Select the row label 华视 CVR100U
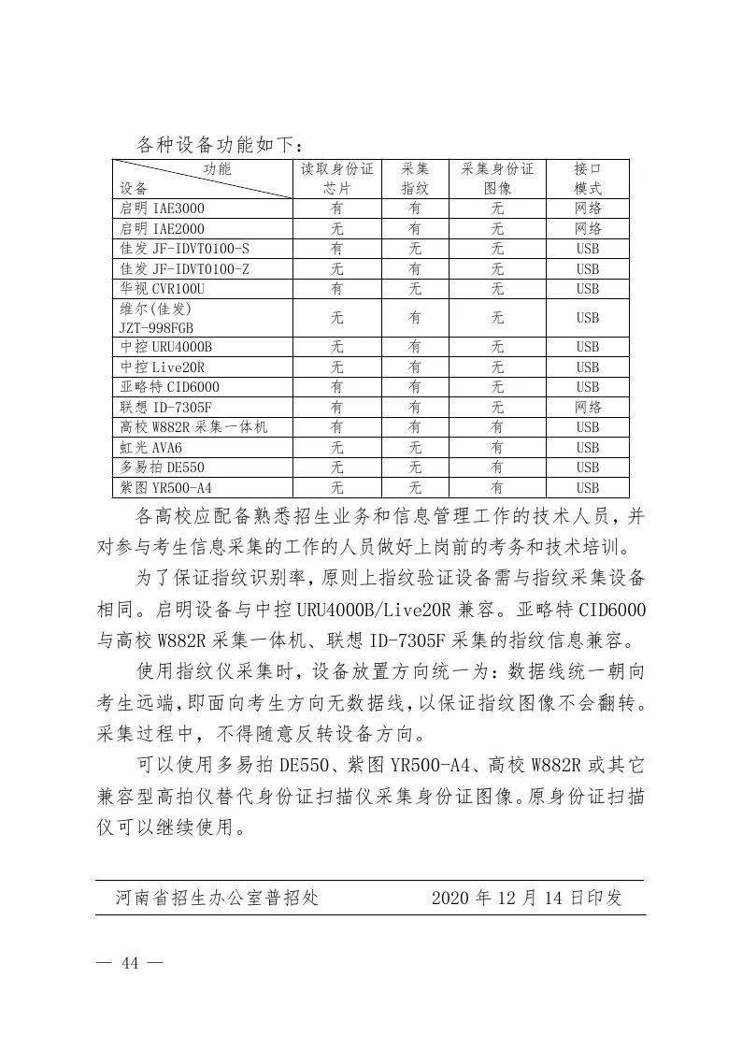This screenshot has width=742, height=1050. tap(161, 289)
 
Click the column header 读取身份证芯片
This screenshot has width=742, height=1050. tap(336, 179)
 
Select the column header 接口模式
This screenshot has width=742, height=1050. tap(587, 179)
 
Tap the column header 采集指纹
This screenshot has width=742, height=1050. tap(415, 179)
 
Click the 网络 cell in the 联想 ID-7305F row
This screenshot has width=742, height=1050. tap(587, 407)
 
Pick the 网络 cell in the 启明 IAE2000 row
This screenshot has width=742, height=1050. tap(587, 229)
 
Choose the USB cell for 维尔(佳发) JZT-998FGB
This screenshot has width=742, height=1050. tap(587, 318)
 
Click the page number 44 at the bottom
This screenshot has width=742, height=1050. tap(130, 965)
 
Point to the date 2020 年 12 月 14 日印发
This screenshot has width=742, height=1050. tap(526, 899)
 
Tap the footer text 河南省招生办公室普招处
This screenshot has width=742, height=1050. tap(217, 899)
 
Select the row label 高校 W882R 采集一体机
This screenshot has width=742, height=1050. tap(193, 427)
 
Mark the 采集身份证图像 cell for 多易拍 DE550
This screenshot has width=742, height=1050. tap(497, 467)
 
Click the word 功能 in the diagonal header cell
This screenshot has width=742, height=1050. tap(217, 169)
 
